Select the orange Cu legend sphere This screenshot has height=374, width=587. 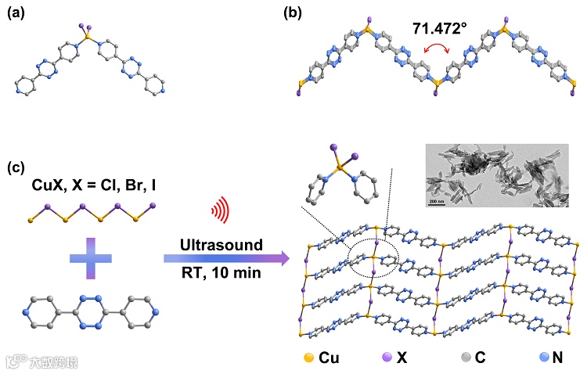point(310,357)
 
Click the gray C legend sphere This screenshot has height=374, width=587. point(466,357)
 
